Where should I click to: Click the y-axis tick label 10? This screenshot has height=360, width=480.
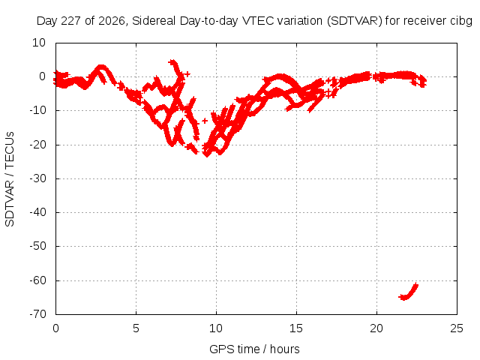coord(39,43)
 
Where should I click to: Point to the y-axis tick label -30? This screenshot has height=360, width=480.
coord(37,178)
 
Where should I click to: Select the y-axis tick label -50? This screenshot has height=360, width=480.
coord(37,246)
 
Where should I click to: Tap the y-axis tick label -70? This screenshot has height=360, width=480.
coord(37,313)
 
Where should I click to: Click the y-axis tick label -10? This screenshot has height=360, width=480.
coord(37,110)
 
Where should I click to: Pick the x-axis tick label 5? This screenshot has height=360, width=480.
coord(136,328)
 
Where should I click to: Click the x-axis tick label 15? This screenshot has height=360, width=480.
coord(296,328)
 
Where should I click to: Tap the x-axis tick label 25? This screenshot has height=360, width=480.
coord(457,328)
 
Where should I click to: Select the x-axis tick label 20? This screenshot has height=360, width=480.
coord(376,328)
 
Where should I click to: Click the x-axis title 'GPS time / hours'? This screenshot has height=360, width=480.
coord(254,349)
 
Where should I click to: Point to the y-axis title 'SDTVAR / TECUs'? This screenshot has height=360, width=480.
coord(10,179)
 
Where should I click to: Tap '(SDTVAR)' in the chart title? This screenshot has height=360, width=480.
coord(355,21)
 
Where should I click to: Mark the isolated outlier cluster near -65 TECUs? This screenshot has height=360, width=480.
coord(409,292)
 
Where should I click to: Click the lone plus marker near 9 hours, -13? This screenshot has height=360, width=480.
coord(205,121)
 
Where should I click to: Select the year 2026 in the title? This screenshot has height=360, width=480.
coord(112,21)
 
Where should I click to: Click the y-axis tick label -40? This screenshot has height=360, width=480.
coord(37,211)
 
